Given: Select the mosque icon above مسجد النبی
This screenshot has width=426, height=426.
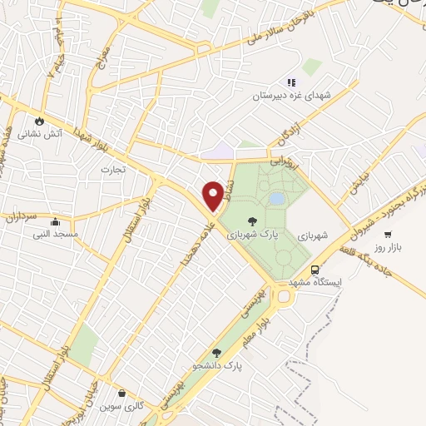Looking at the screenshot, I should coord(56,222).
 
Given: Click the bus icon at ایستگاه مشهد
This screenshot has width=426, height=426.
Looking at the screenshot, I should coord(315,270).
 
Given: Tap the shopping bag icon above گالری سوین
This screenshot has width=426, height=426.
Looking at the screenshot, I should coord(122,394).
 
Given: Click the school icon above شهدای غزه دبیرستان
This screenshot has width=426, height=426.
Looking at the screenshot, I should coord(290,82).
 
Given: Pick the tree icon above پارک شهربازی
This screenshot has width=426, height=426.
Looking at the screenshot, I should coord(252,221).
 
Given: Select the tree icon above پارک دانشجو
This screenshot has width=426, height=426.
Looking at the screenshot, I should coord(217,353).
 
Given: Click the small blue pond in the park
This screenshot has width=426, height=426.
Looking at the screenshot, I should coord(276,199).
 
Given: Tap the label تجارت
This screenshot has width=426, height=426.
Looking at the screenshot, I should coord(112,169).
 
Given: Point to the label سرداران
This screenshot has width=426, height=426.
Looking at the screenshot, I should coord(16,217).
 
